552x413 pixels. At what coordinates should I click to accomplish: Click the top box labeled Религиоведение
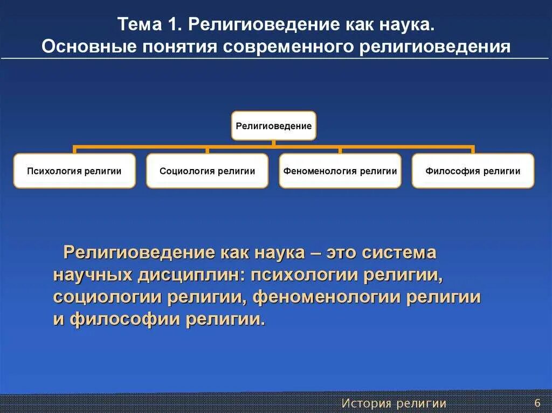click(273, 126)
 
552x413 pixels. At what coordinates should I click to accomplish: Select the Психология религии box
click(74, 171)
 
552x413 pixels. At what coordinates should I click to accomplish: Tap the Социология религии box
click(207, 171)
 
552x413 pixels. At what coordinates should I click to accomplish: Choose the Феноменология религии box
click(340, 171)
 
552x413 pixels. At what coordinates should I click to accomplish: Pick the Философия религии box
click(473, 171)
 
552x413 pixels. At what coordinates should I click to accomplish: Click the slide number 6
click(537, 403)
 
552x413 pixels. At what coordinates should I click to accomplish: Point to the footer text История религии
click(394, 403)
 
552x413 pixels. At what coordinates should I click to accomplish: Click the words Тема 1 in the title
click(148, 25)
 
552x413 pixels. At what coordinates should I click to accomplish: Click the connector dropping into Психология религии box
click(74, 149)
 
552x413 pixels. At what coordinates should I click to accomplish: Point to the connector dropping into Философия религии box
click(473, 149)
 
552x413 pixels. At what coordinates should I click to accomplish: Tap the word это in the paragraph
click(341, 253)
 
